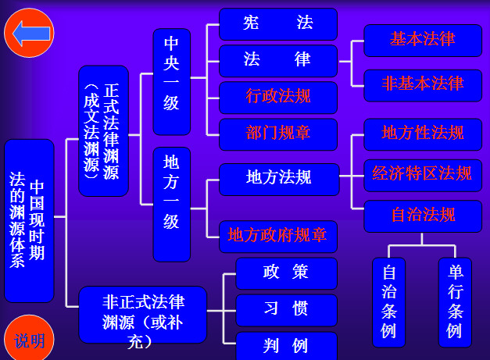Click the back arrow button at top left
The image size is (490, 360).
click(x=29, y=34)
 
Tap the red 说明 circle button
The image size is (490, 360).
click(x=29, y=340)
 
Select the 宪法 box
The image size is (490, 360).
click(x=277, y=24)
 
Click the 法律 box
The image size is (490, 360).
click(x=277, y=60)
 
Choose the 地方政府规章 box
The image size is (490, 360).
click(x=277, y=235)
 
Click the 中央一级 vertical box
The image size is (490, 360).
click(x=171, y=82)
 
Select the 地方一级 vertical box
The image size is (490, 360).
click(x=171, y=203)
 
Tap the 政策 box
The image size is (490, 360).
click(x=286, y=273)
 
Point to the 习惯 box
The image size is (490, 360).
click(x=286, y=310)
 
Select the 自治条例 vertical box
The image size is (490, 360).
click(x=388, y=301)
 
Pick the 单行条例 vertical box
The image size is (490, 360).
click(x=455, y=301)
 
